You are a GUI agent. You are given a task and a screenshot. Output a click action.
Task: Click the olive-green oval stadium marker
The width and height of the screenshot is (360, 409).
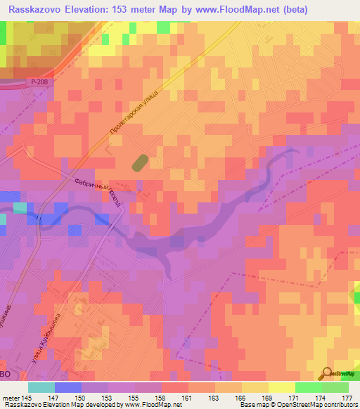[x=139, y=162]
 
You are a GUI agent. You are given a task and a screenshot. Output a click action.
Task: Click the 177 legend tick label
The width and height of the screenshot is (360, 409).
[x=345, y=397]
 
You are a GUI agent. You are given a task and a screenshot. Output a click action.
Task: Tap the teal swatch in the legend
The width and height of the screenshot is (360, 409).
[x=41, y=387]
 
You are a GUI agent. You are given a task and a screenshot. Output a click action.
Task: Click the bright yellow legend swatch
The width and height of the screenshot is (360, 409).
[x=282, y=387]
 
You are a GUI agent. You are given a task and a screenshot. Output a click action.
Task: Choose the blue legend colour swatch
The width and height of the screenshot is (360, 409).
[x=68, y=387]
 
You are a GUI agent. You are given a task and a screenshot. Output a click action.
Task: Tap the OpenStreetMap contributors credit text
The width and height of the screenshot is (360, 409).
[x=317, y=405]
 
